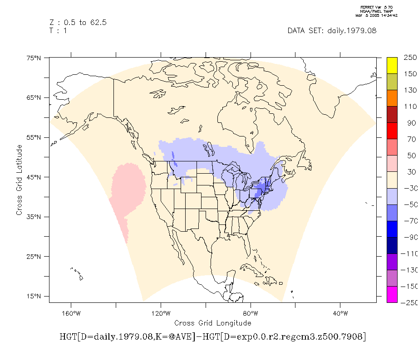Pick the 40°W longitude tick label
340,313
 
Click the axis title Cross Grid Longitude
212,323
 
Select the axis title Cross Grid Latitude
20,180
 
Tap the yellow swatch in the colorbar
392,65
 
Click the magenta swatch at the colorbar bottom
392,294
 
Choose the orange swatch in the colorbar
392,98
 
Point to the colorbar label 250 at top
410,58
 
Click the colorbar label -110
410,254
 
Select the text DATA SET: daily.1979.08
332,31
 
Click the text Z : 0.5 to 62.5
78,23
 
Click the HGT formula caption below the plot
212,337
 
